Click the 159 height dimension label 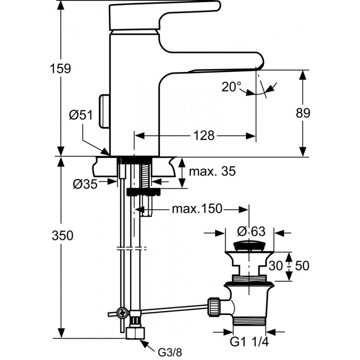click(x=61, y=68)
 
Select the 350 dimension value click(x=63, y=235)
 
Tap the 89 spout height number click(x=303, y=113)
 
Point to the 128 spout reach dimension click(x=204, y=136)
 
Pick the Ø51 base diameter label click(x=81, y=115)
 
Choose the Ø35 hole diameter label click(x=85, y=184)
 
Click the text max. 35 click(x=212, y=171)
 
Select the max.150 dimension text click(x=197, y=209)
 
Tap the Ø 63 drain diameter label click(x=251, y=231)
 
